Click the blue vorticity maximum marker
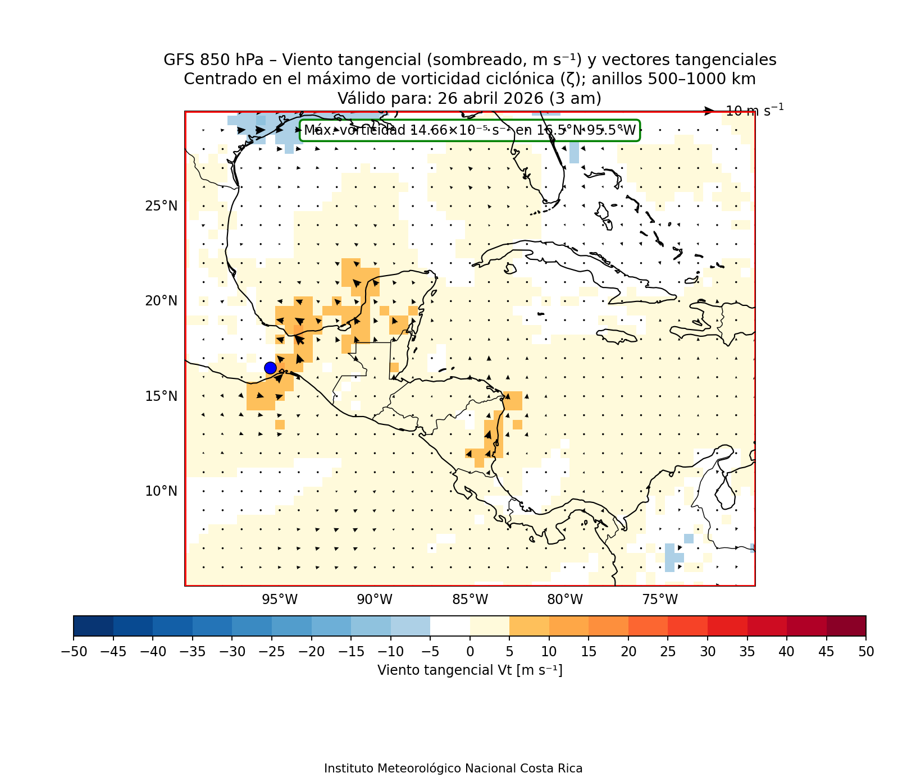tap(270, 368)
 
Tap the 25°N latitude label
tap(161, 206)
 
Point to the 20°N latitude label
tap(161, 301)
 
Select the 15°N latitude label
tap(161, 396)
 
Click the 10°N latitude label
tap(161, 491)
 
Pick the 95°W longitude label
tap(280, 600)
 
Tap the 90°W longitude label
tap(375, 600)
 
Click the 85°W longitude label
tap(470, 600)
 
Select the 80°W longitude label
tap(565, 600)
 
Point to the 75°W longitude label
tap(660, 600)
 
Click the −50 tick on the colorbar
tap(73, 651)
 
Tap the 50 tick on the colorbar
tap(866, 651)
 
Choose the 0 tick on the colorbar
tap(470, 651)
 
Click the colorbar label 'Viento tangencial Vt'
tap(470, 670)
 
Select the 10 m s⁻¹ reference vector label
tap(754, 111)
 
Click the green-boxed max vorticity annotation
tap(470, 130)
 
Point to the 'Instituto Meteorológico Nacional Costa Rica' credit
tap(453, 768)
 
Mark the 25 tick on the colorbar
tap(668, 651)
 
